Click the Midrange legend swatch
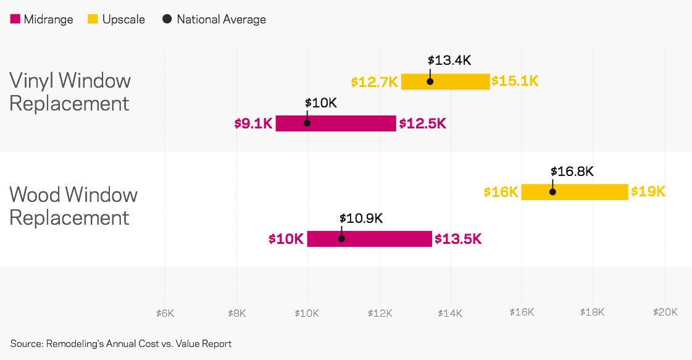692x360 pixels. tap(15, 20)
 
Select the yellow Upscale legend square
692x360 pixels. tap(93, 20)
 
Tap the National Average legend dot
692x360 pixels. tap(167, 20)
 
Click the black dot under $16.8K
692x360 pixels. tap(552, 191)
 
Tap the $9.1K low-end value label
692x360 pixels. tap(253, 123)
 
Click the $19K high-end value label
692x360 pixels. tap(648, 192)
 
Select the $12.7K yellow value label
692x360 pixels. tap(375, 82)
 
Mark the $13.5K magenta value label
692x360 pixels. tap(458, 239)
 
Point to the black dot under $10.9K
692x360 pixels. tap(341, 238)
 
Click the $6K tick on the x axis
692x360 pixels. tap(165, 312)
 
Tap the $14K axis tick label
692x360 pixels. tap(451, 312)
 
